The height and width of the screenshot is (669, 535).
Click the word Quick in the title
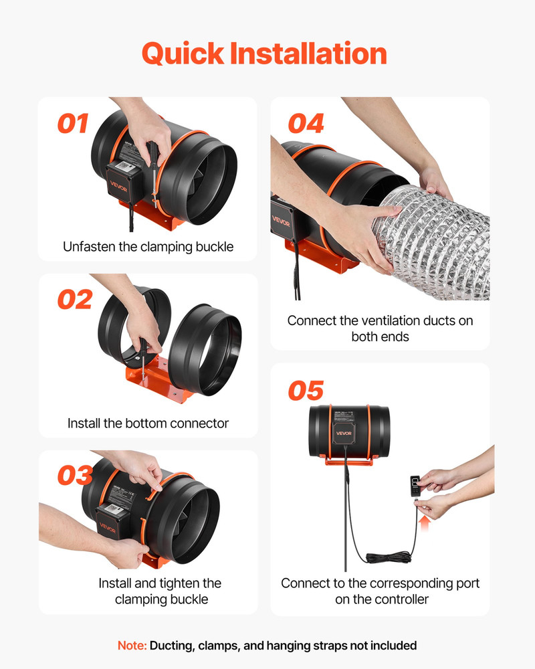[x=183, y=54]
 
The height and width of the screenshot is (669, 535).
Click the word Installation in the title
[x=308, y=54]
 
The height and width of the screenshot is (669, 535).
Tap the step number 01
[x=73, y=123]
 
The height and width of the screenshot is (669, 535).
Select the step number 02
[x=75, y=299]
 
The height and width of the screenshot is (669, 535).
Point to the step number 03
[x=75, y=475]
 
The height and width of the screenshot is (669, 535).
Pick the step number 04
[x=306, y=123]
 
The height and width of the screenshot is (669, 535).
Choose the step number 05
[x=306, y=391]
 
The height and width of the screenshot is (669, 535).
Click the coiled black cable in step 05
[x=389, y=557]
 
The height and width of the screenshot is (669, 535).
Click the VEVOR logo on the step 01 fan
[x=118, y=187]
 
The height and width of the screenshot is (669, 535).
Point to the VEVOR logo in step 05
[x=344, y=433]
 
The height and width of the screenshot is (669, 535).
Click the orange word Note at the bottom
[x=132, y=646]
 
